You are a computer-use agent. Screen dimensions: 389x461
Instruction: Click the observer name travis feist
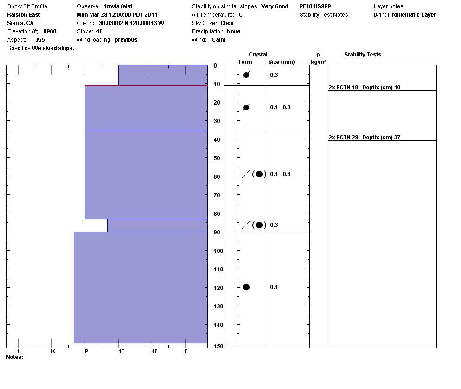point(118,6)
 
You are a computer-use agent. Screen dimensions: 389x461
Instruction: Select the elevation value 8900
point(50,31)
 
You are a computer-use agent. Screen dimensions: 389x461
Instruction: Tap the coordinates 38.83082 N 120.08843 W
point(131,23)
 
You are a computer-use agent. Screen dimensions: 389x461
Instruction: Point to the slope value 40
point(100,31)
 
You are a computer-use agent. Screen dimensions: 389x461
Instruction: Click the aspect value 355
point(40,40)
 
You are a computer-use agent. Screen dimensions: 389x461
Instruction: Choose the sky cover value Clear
point(227,23)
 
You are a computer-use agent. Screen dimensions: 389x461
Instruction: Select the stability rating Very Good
point(275,6)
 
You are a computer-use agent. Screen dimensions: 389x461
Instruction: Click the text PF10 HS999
point(315,6)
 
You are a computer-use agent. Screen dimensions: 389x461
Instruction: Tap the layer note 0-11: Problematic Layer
point(404,15)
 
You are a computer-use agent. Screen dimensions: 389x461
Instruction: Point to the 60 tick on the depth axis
point(217,177)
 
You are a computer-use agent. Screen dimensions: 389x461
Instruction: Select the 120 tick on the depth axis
point(218,288)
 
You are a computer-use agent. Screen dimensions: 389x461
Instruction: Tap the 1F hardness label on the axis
point(121,351)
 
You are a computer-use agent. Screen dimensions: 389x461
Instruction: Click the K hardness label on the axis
point(53,351)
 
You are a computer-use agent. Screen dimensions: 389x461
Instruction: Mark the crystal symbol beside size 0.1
point(246,287)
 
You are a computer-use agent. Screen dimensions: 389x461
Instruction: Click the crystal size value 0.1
point(274,287)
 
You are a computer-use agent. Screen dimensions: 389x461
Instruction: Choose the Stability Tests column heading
point(362,55)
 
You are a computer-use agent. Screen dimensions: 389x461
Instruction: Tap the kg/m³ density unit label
point(318,62)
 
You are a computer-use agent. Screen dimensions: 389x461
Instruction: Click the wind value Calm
point(219,40)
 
